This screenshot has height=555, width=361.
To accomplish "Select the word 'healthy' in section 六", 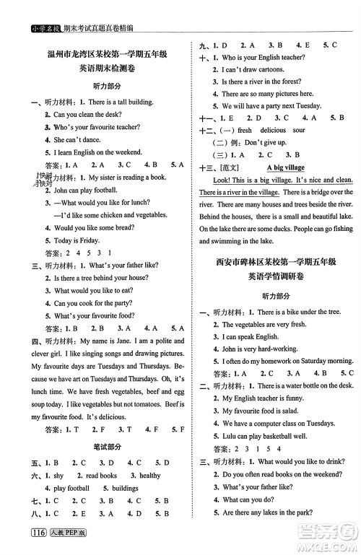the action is [149, 476].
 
